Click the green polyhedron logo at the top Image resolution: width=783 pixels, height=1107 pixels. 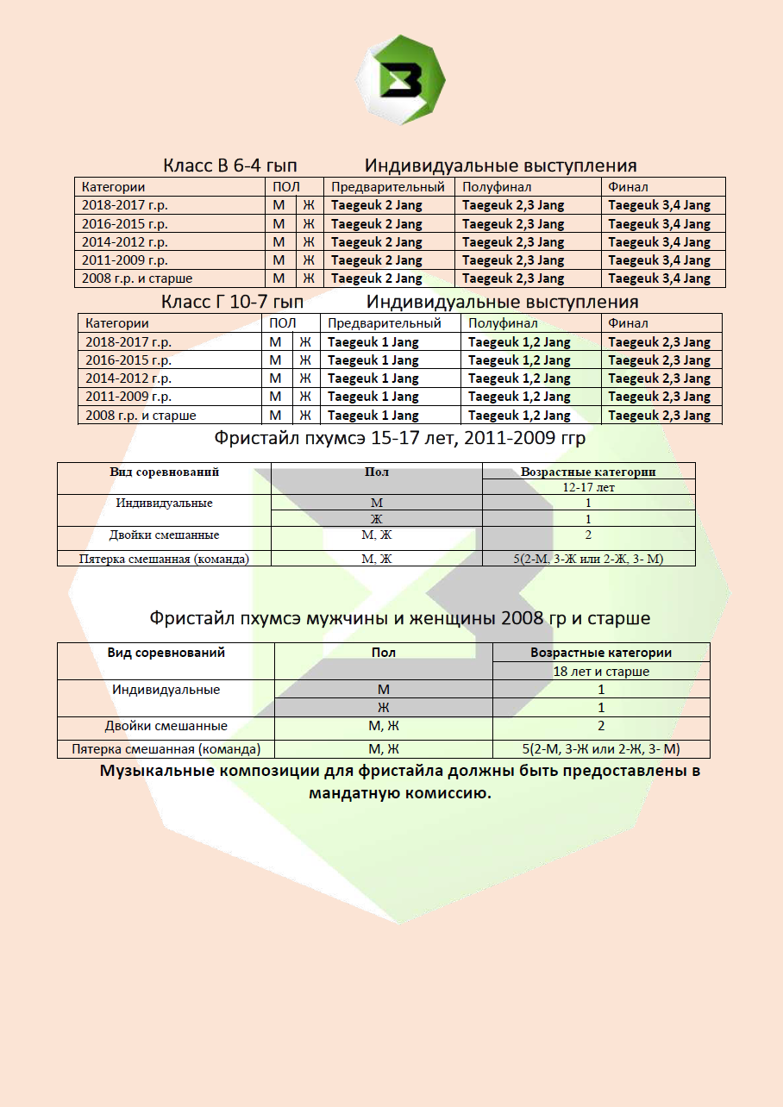click(400, 79)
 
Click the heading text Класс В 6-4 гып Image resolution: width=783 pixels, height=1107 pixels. click(230, 166)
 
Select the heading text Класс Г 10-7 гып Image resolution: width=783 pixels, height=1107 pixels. click(233, 302)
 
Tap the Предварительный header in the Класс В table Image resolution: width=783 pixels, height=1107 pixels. click(388, 187)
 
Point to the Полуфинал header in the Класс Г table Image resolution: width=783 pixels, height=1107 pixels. click(503, 323)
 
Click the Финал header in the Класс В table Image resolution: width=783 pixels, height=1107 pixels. click(628, 187)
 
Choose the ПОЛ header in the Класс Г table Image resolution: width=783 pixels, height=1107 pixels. click(282, 323)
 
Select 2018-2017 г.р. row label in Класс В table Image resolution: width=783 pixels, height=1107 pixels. click(125, 205)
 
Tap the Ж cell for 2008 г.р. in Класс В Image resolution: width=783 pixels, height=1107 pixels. click(308, 278)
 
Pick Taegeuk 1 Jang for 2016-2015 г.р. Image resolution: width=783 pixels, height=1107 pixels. click(373, 360)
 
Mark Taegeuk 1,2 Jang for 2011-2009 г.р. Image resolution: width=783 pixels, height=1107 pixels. click(519, 397)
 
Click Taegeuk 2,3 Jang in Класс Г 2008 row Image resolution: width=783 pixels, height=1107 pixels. click(659, 416)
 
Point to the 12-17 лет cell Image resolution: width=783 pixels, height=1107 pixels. click(588, 487)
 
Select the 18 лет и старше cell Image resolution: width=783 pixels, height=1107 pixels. click(601, 671)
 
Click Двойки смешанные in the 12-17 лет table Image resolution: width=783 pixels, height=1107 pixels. click(164, 535)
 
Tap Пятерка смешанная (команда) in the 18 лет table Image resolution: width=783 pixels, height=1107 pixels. click(166, 749)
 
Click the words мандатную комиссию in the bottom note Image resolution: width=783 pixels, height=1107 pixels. click(399, 793)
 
